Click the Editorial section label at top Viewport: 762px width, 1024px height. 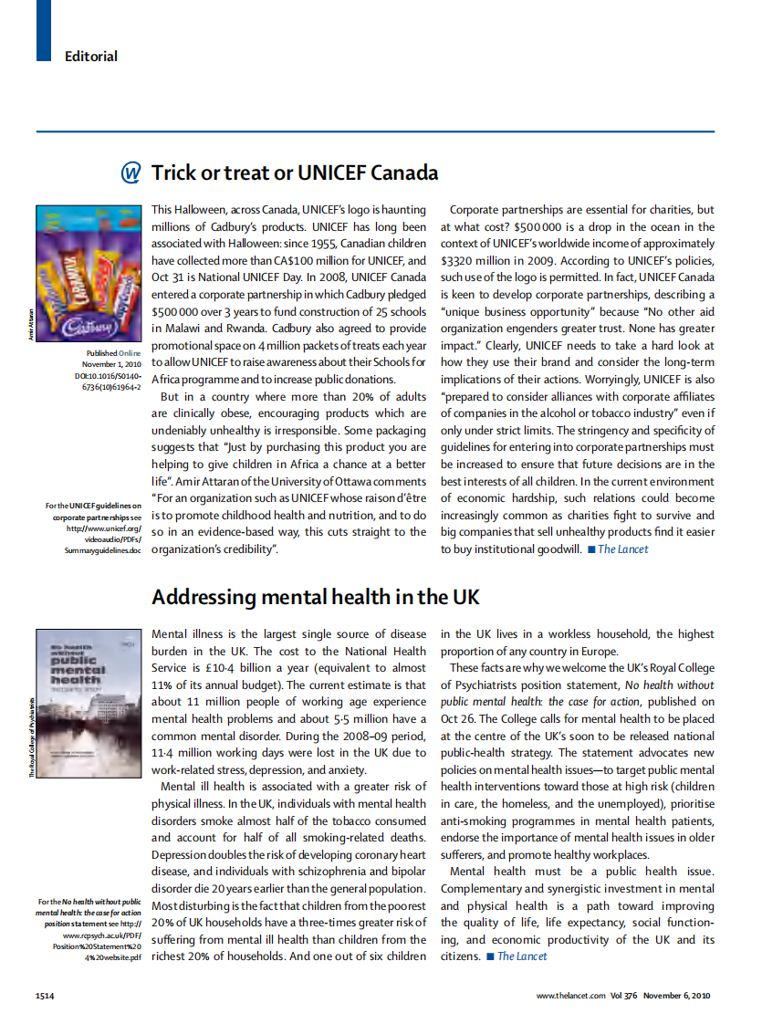[90, 57]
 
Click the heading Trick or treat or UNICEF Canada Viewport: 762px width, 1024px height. [294, 172]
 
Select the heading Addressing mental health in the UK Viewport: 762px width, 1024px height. [315, 598]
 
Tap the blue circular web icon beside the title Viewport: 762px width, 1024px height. [131, 172]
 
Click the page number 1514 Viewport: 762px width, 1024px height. [45, 996]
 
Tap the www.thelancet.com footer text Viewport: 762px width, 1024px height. [570, 996]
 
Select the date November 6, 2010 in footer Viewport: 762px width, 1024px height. [676, 996]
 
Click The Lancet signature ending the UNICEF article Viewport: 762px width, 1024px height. [622, 549]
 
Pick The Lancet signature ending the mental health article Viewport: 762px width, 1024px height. [522, 956]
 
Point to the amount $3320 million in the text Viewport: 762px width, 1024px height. [481, 260]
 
